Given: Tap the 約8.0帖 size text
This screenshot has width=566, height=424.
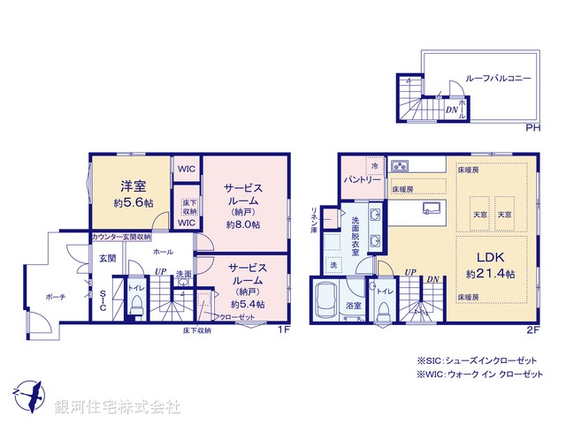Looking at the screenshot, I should point(242,224).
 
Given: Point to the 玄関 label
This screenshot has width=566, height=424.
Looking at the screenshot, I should point(106,258).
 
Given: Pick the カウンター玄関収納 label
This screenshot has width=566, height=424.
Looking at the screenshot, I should point(121,237).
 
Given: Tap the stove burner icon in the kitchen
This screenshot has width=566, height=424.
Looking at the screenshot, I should point(400,164).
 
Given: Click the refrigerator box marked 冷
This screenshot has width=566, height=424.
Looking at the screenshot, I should point(374,165).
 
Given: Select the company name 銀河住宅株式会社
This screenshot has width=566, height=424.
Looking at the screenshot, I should point(117,406).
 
